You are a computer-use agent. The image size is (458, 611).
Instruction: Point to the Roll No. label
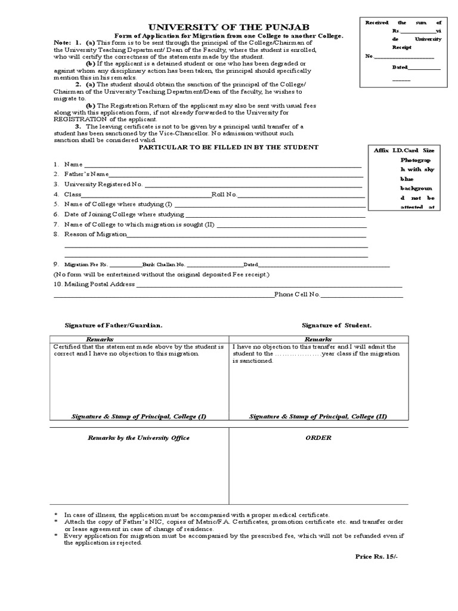224,195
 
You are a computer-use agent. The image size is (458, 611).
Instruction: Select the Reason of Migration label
95,234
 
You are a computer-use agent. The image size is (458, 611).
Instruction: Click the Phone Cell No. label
298,295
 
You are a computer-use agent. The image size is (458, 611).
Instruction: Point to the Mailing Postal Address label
100,285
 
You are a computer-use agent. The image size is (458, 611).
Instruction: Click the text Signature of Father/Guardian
114,325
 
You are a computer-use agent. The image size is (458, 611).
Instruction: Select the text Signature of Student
336,325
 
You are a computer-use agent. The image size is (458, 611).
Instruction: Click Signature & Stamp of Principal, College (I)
138,416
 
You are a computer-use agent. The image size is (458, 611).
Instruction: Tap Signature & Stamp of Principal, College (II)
318,416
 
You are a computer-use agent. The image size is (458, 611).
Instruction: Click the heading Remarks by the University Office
138,438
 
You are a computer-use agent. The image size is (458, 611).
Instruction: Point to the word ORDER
318,438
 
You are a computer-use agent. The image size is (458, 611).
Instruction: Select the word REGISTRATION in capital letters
80,119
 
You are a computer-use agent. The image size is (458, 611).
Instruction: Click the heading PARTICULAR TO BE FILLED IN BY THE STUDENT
228,147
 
